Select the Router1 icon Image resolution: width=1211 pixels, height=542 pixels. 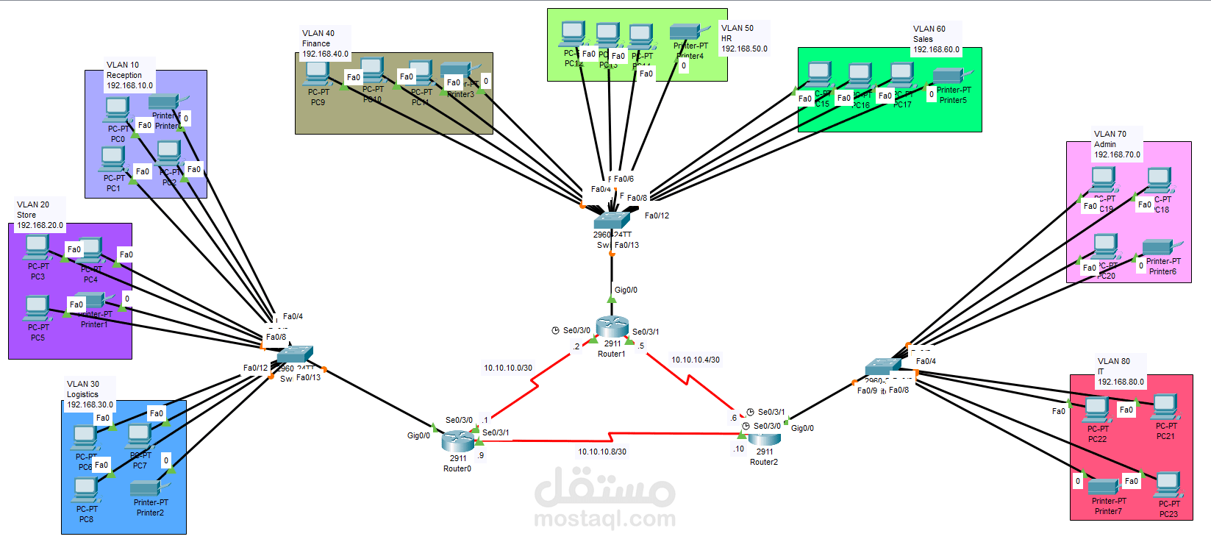[612, 327]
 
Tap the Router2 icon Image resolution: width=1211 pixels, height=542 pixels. [765, 438]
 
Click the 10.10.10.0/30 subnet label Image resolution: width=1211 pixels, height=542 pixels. [507, 368]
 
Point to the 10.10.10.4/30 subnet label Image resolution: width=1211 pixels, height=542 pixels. [695, 360]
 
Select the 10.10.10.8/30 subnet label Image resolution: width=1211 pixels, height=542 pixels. [601, 452]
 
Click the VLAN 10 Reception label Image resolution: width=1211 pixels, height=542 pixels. [129, 75]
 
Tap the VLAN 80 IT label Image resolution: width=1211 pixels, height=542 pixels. [1120, 371]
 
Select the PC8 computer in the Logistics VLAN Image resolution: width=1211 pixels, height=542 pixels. [85, 489]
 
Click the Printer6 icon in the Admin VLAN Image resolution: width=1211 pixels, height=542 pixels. [1161, 247]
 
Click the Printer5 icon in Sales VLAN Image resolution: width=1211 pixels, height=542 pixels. [950, 76]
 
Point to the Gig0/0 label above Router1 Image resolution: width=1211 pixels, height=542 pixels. [626, 290]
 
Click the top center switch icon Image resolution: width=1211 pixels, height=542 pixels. [612, 218]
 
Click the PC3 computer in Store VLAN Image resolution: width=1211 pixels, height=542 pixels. [37, 248]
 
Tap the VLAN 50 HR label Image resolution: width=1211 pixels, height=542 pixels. [743, 38]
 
